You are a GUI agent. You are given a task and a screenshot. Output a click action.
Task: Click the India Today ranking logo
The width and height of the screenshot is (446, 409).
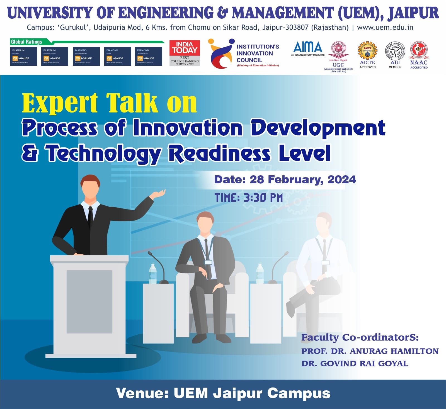click(185, 53)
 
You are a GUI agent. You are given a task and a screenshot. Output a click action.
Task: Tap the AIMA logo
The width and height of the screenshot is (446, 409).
click(308, 48)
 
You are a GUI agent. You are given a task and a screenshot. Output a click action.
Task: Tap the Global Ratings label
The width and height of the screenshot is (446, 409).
click(26, 42)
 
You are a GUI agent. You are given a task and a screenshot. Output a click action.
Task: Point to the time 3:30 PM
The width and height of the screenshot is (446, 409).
click(263, 198)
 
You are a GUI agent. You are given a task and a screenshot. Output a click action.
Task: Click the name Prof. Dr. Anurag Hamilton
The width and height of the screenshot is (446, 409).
click(370, 351)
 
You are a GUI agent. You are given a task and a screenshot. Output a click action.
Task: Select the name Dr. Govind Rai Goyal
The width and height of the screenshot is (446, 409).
click(355, 364)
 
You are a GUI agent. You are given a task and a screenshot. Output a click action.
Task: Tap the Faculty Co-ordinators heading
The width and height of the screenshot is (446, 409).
click(360, 337)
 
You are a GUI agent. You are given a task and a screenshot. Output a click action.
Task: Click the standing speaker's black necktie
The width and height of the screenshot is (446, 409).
click(90, 217)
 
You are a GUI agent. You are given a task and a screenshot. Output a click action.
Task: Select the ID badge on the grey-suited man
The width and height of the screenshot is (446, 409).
click(208, 262)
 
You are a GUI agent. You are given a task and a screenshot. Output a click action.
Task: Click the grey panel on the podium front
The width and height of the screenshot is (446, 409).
click(89, 301)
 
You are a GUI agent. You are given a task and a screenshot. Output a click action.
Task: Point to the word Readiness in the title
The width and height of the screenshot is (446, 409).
click(219, 154)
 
